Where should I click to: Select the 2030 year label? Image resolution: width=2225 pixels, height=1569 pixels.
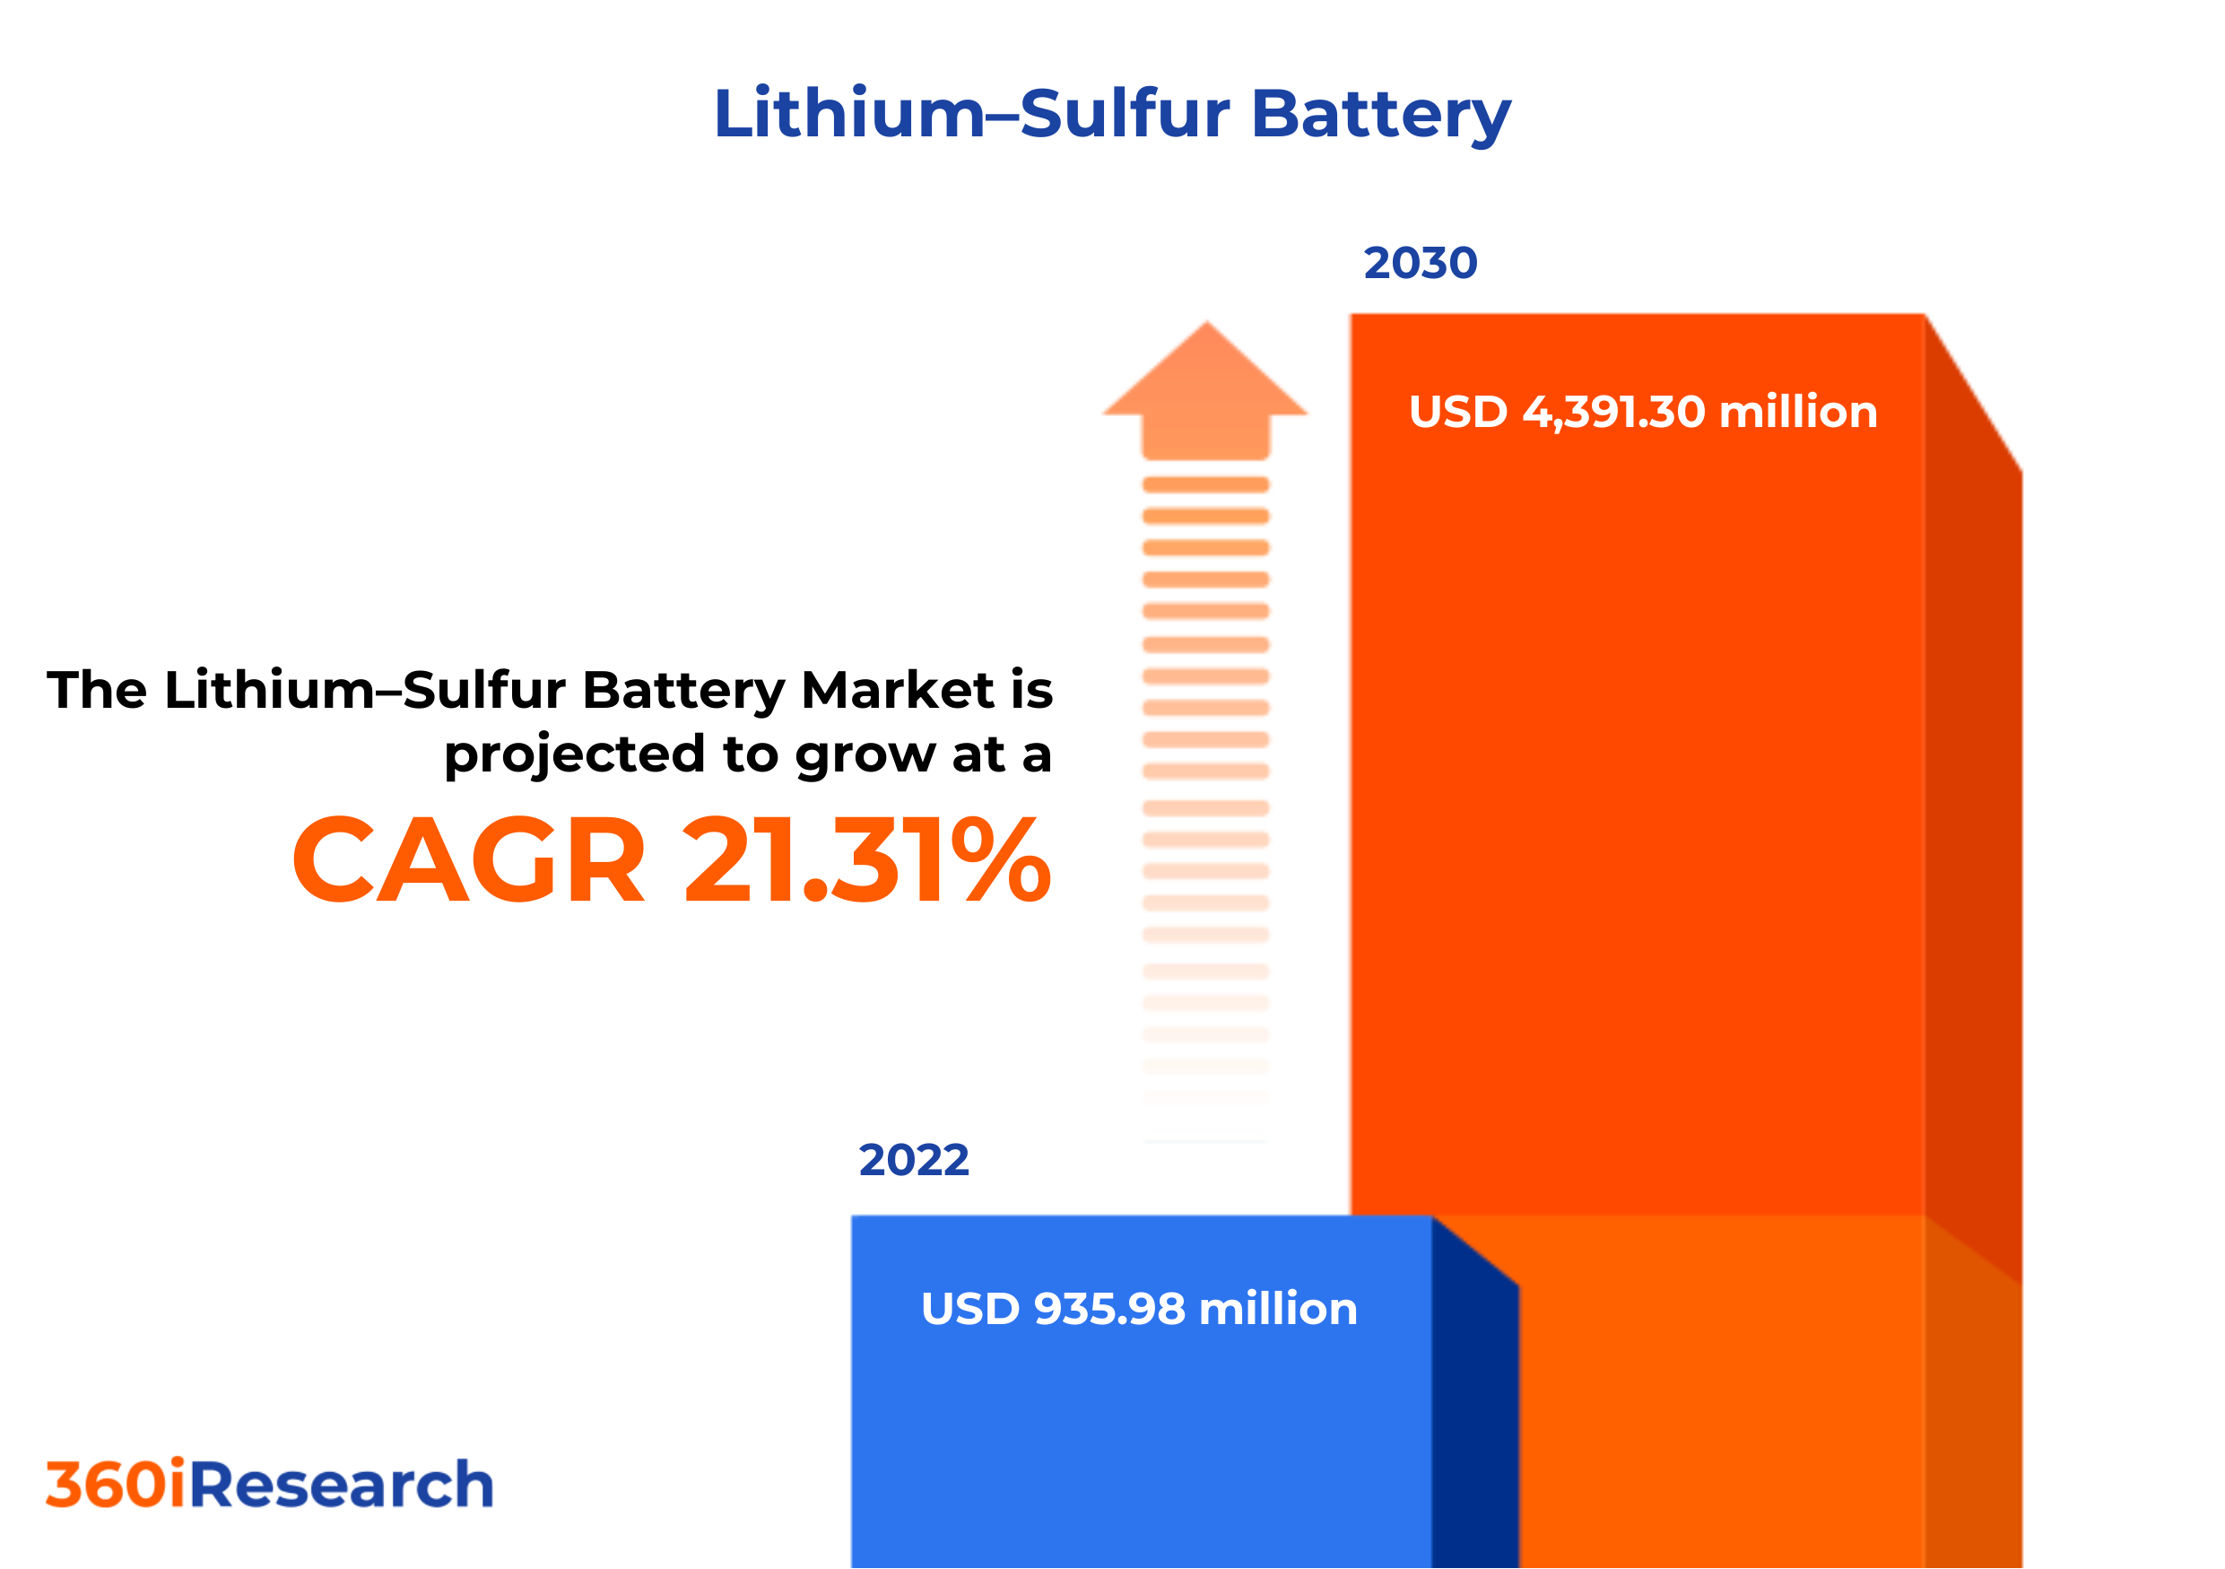(1420, 264)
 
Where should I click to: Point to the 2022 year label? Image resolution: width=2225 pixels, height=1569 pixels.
(913, 1161)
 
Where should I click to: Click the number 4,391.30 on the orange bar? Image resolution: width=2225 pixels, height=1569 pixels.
(1613, 412)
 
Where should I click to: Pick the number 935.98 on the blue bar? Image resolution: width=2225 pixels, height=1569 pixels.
(1109, 1309)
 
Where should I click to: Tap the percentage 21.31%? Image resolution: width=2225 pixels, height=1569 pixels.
(866, 861)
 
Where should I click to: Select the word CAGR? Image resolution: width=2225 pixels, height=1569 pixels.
(469, 861)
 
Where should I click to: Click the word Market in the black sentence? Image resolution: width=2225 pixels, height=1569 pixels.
(898, 691)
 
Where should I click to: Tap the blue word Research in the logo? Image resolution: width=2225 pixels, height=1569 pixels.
(341, 1486)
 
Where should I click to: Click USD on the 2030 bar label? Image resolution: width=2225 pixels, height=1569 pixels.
(1457, 412)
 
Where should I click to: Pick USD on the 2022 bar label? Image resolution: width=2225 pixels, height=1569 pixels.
(969, 1309)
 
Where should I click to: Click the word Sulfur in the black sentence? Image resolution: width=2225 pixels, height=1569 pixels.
(483, 691)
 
